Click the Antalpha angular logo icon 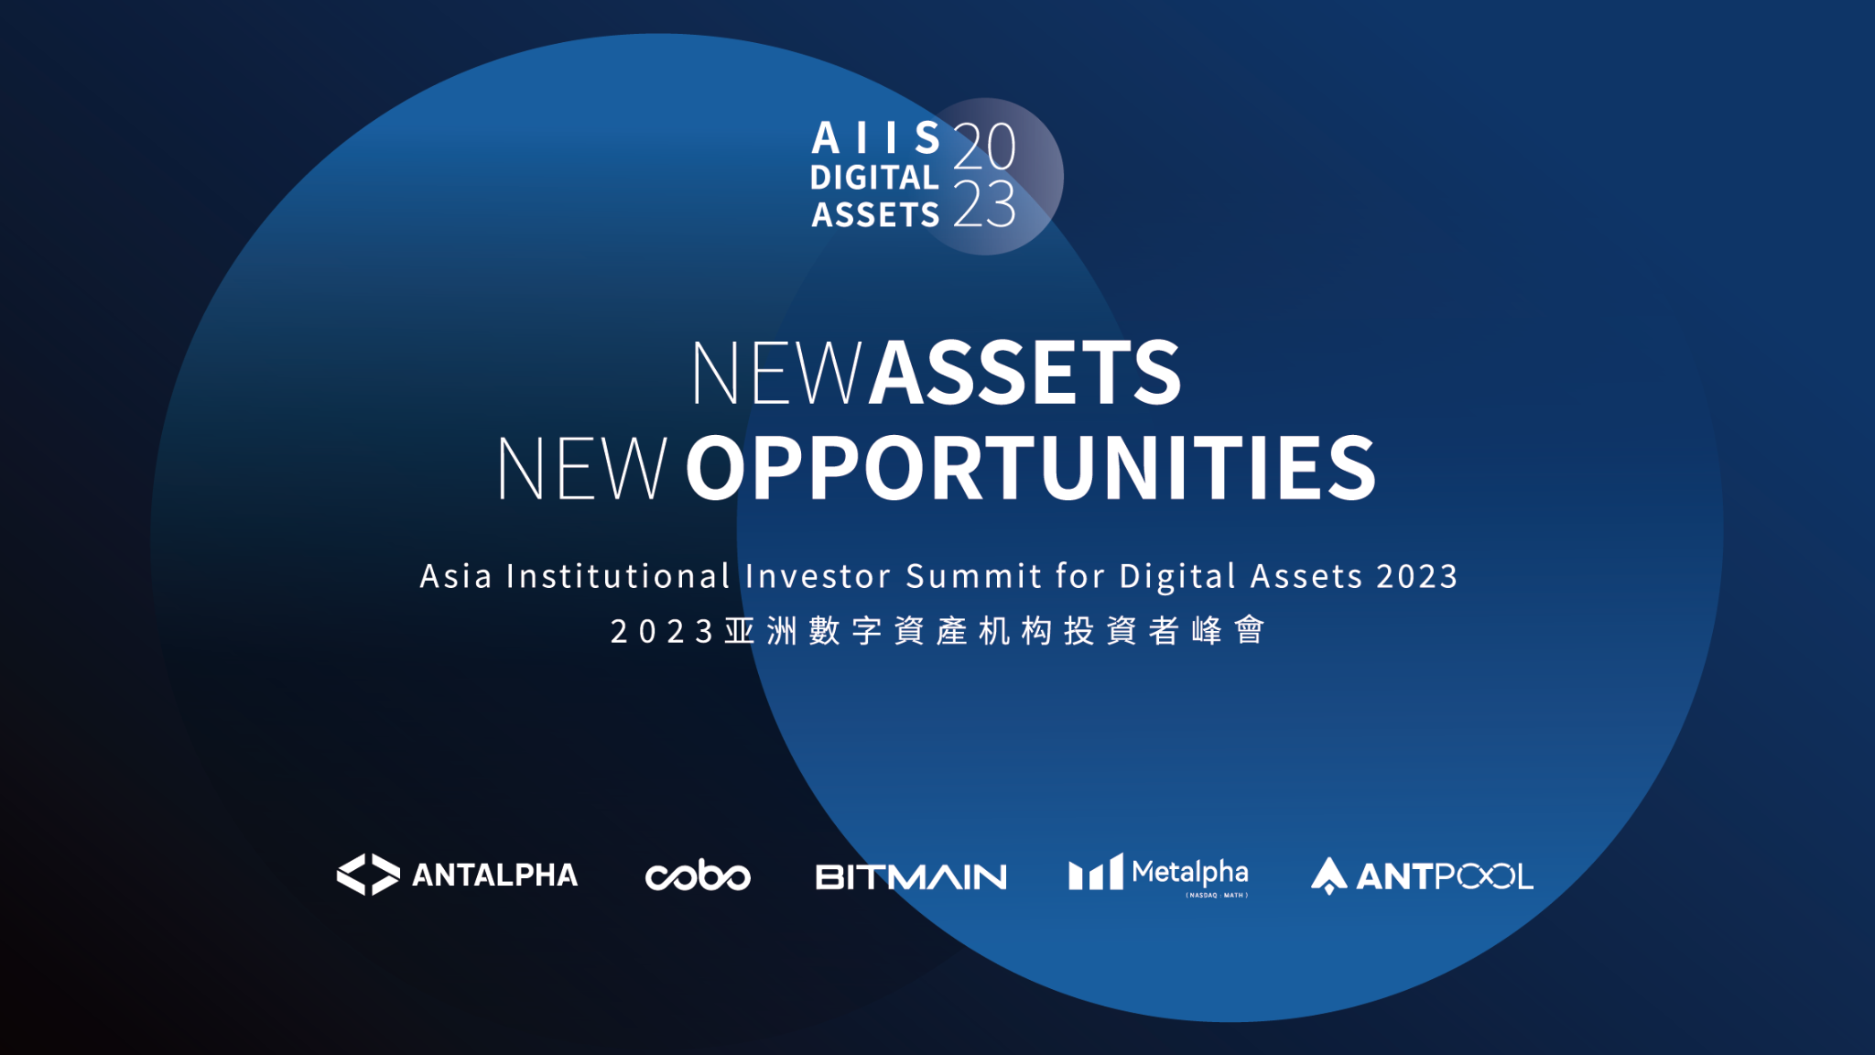(368, 875)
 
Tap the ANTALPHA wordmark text (495, 876)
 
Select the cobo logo (698, 876)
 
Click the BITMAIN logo (911, 876)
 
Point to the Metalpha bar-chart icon (1095, 872)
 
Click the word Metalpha (1190, 872)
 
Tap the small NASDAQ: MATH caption (1217, 896)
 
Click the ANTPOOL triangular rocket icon (1328, 876)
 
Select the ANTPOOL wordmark (1445, 876)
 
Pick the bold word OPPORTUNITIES (1031, 468)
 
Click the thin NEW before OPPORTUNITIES (581, 468)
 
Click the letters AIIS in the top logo (876, 138)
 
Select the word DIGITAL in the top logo (875, 177)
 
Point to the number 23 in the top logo (985, 203)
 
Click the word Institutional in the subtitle (619, 576)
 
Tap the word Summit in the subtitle (974, 576)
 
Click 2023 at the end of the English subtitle (1417, 576)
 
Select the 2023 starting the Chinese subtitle (662, 631)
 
